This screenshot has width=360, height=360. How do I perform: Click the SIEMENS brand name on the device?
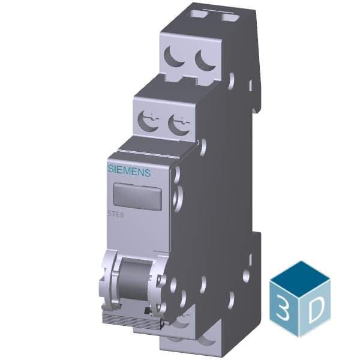(x=129, y=170)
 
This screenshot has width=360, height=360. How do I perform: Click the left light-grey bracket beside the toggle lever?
(x=109, y=277)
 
